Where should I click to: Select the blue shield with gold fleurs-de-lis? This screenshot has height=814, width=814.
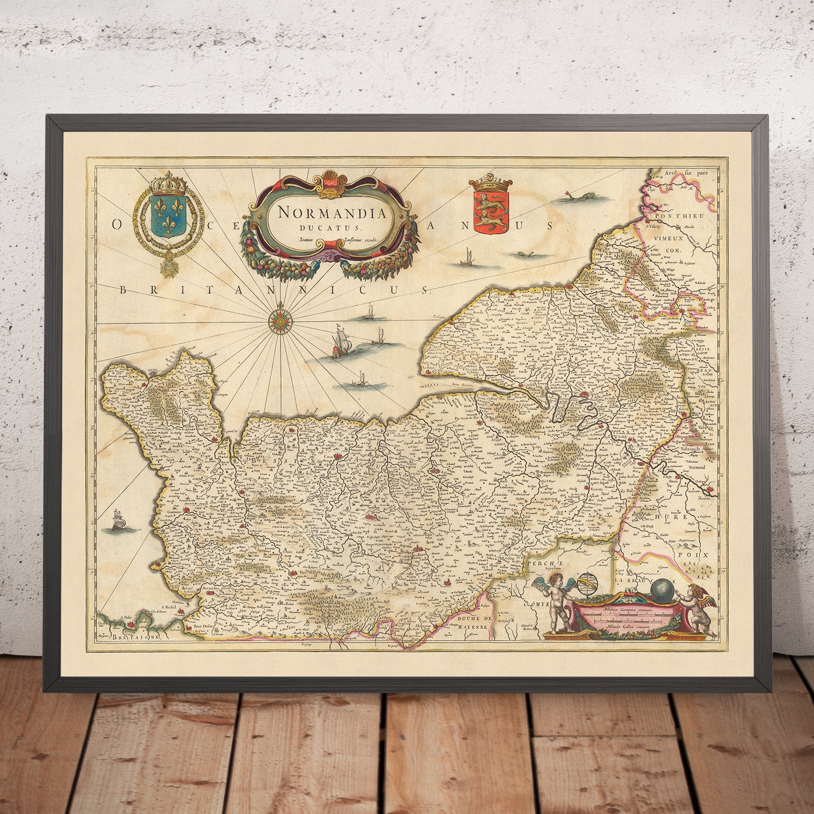coord(163,219)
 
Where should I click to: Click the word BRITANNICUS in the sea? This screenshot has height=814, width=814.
coord(273,290)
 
